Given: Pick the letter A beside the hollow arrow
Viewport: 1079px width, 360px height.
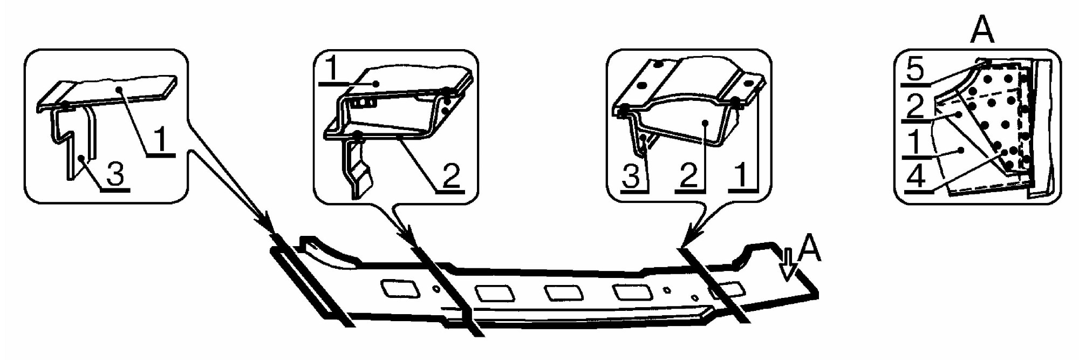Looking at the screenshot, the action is tap(809, 249).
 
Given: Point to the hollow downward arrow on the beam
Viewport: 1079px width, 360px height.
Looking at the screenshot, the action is tap(788, 264).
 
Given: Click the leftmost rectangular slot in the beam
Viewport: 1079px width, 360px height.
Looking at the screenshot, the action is tap(400, 288).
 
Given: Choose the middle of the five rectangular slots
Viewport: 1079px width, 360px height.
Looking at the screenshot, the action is tap(564, 293).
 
